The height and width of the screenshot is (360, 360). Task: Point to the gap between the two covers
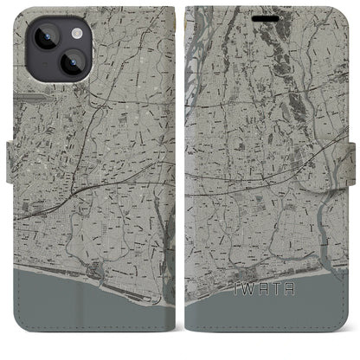coord(180,173)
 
